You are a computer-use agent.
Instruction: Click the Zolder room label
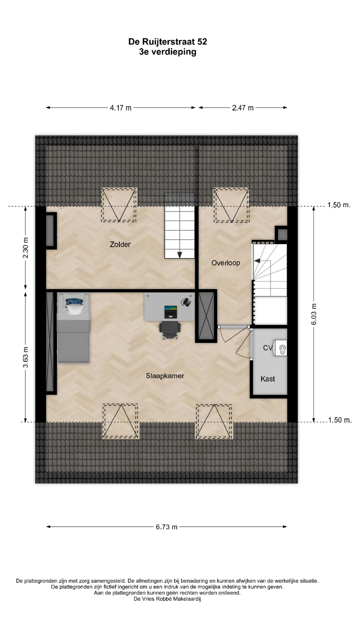coord(120,244)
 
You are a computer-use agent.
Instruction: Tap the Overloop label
coord(226,263)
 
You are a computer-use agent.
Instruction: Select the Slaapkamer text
coord(165,376)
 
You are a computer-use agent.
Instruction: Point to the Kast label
coord(268,379)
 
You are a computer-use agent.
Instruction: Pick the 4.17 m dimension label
coord(121,108)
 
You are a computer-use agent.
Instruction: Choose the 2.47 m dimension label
coord(243,108)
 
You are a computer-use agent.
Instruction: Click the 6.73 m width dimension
coord(167,527)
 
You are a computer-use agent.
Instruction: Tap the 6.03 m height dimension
coord(314,314)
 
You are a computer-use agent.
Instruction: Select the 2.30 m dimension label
coord(26,248)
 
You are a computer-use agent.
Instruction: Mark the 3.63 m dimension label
coord(26,357)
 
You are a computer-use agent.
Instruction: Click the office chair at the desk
coord(170,330)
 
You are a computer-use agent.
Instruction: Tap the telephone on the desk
coord(186,302)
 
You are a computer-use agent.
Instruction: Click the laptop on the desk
coord(171,312)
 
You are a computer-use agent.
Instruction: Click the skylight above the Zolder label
coord(119,205)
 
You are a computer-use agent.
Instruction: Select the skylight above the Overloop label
coord(231,205)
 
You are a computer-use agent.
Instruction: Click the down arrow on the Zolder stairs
coord(180,255)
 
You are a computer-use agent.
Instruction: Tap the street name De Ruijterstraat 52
coord(168,41)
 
